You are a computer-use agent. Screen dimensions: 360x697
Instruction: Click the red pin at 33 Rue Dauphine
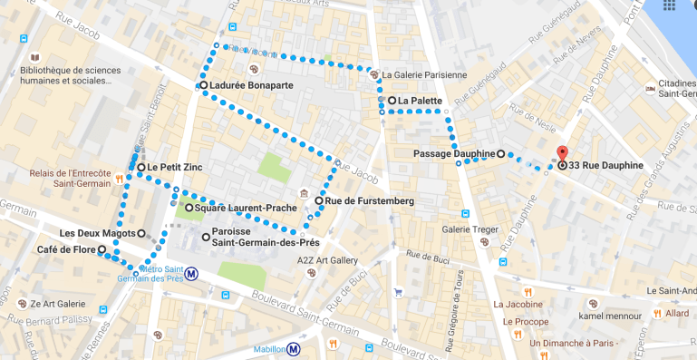tap(561, 154)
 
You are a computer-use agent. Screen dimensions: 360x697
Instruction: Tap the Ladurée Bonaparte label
tap(251, 85)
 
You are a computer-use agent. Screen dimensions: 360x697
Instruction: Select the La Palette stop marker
tap(392, 101)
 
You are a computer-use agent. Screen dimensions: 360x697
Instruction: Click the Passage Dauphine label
tap(453, 153)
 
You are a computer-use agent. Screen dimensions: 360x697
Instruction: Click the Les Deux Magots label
tap(96, 233)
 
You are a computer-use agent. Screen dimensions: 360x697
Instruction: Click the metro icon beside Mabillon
tap(294, 347)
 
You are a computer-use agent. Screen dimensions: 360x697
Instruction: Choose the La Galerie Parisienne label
tap(424, 75)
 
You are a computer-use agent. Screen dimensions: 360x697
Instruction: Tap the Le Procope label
tap(521, 321)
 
